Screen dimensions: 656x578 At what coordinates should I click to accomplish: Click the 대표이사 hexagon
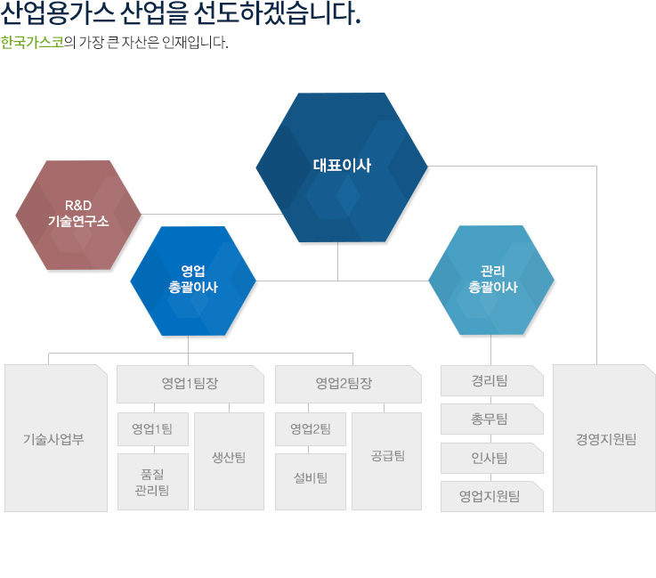click(342, 167)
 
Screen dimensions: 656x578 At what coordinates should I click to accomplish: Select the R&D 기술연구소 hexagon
click(78, 215)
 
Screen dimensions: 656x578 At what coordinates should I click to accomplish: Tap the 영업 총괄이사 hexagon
click(193, 281)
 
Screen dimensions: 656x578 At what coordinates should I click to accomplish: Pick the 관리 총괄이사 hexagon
click(491, 280)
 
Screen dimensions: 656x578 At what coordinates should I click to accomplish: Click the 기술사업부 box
click(56, 438)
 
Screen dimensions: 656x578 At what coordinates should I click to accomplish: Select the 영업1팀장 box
click(190, 384)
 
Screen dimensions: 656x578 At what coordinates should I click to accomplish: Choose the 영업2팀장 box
click(348, 384)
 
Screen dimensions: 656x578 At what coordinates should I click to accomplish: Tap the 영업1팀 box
click(153, 429)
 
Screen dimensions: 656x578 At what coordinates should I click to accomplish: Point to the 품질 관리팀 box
click(153, 482)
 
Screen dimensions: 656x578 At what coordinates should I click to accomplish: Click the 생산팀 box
click(230, 461)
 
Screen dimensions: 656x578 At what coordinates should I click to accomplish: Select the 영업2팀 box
click(311, 429)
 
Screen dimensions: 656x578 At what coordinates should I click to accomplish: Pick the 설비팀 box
click(311, 482)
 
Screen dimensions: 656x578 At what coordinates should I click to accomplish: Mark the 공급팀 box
click(386, 461)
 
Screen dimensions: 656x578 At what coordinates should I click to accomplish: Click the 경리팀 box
click(492, 380)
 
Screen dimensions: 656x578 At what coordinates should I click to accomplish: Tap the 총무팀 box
click(492, 419)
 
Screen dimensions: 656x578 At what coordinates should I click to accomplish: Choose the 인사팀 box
click(492, 458)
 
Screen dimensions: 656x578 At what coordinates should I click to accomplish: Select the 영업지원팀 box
click(492, 496)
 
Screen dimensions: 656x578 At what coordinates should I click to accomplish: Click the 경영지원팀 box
click(604, 438)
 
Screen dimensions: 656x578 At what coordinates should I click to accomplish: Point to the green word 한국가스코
click(32, 42)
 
